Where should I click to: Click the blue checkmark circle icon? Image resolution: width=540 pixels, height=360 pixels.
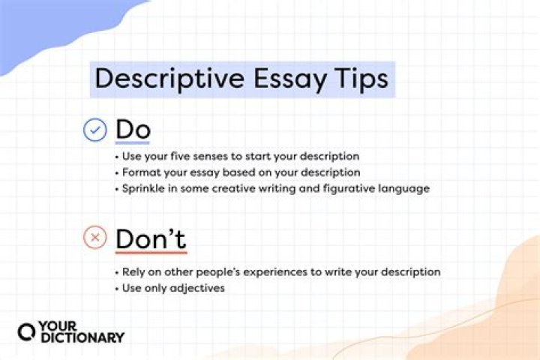[x=95, y=130]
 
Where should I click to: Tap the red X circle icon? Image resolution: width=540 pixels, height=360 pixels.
[x=95, y=239]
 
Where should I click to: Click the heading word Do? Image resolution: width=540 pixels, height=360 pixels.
[x=133, y=130]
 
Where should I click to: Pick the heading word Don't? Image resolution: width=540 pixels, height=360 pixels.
[x=151, y=239]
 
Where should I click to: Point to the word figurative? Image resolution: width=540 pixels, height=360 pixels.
[x=349, y=188]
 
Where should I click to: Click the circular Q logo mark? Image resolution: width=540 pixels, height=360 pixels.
[x=26, y=332]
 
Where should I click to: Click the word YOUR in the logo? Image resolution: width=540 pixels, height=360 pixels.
[x=58, y=326]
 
